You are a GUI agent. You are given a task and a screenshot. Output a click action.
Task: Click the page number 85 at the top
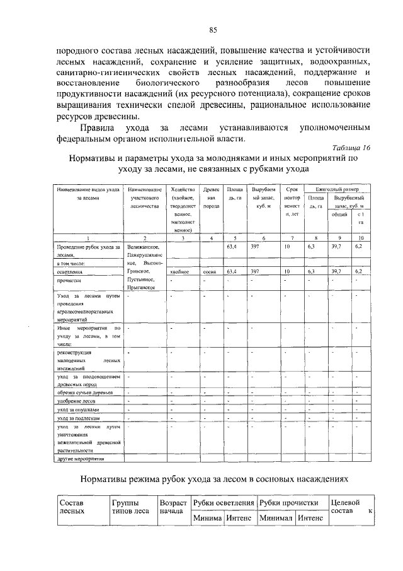(x=213, y=30)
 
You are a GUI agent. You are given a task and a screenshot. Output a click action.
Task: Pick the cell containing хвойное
(x=180, y=271)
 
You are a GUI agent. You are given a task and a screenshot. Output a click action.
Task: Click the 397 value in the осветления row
(x=255, y=271)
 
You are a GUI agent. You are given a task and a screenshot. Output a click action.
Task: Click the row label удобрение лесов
(x=75, y=401)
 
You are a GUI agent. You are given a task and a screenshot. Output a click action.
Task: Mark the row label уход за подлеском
(x=78, y=418)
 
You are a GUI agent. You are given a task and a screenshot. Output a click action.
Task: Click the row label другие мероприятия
(x=79, y=460)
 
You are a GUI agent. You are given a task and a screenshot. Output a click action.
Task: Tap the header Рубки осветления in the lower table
(x=223, y=502)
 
